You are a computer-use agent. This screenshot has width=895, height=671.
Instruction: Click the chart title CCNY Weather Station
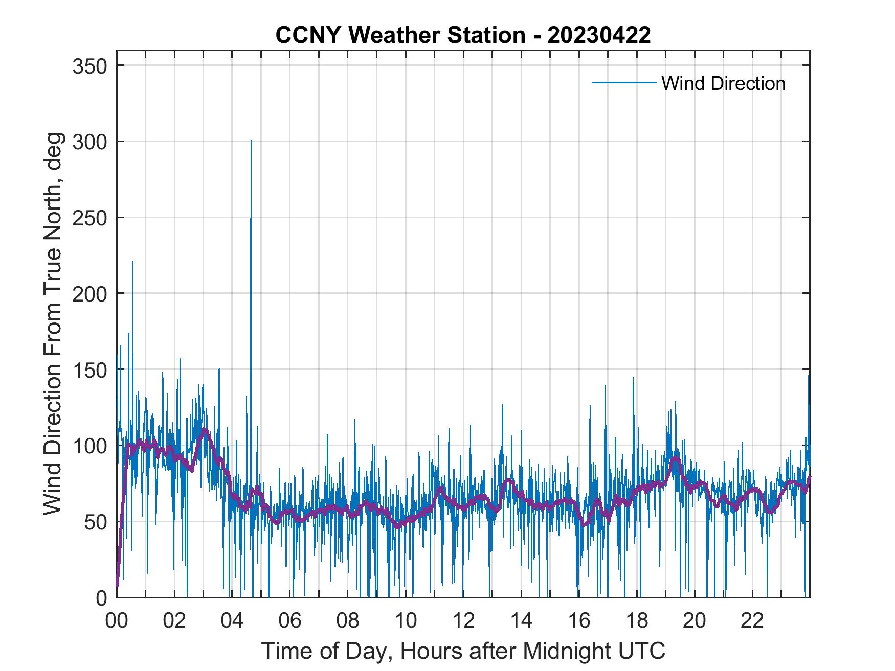[400, 35]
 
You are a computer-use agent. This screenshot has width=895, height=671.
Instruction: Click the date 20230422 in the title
[599, 35]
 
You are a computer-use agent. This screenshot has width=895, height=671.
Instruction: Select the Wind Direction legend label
[723, 83]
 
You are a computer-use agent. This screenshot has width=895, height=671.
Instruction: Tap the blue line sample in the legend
[624, 83]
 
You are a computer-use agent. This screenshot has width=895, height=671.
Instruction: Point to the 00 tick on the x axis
[117, 621]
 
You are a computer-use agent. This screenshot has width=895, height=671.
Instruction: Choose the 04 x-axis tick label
[232, 621]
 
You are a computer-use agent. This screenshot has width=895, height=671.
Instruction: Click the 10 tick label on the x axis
[406, 621]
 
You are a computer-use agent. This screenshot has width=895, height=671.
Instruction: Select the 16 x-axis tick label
[579, 621]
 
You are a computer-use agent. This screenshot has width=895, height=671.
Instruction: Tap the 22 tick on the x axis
[752, 621]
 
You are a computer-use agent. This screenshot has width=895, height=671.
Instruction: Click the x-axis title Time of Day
[463, 651]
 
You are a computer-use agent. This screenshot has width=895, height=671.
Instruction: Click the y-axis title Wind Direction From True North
[53, 323]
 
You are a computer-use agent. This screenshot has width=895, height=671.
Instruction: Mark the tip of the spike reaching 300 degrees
[251, 141]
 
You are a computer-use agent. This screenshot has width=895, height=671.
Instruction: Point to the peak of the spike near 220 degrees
[132, 262]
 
